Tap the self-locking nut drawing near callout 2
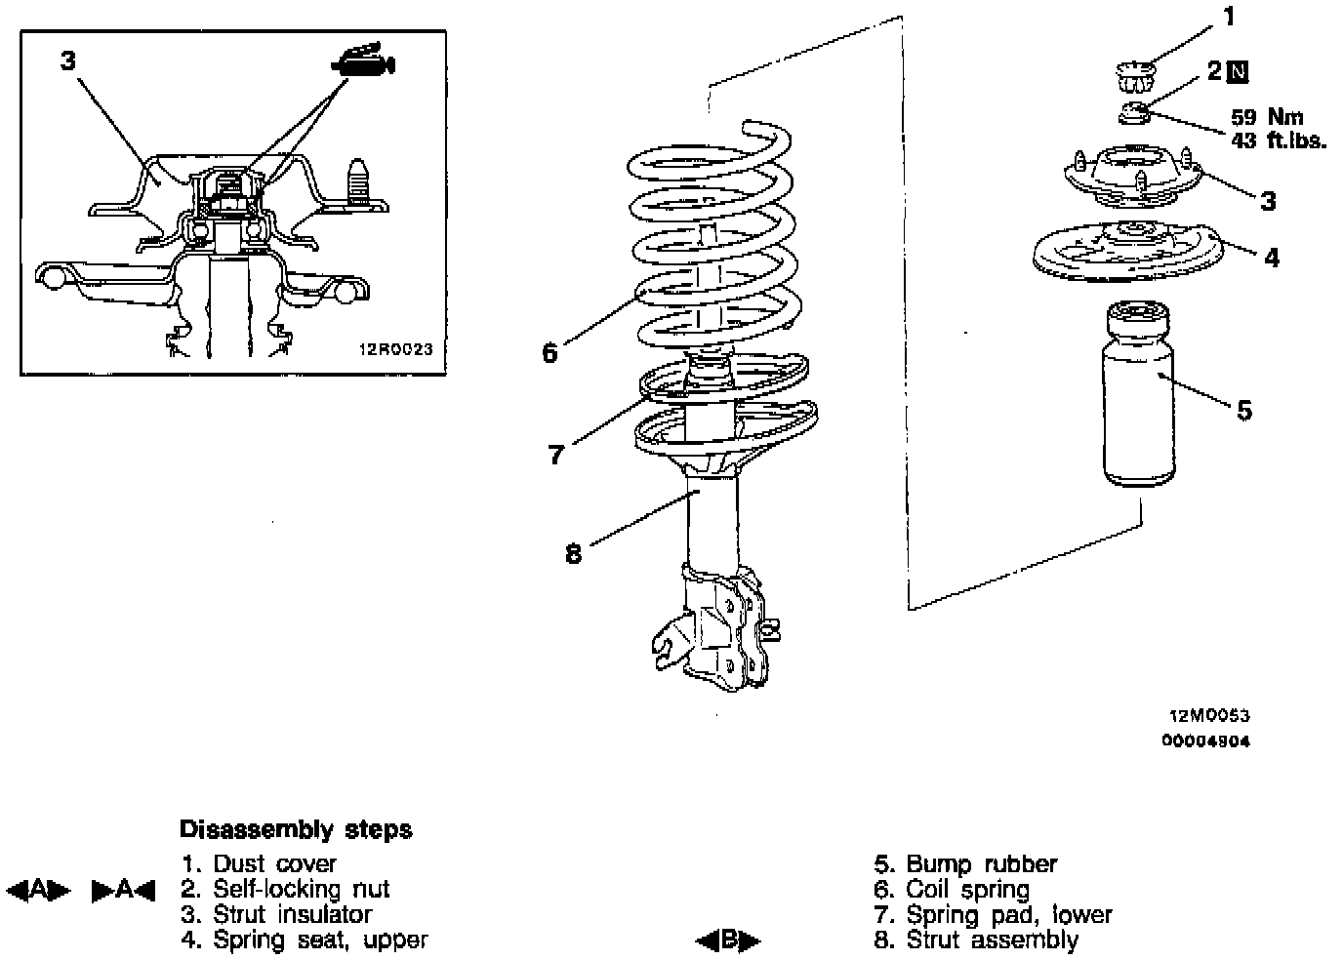1134,113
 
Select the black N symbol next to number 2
1239,71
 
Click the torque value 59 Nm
1267,118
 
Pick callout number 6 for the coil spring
549,352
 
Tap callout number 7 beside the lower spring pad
556,454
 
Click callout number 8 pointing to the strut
573,554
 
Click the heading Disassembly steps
296,830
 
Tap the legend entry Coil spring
967,890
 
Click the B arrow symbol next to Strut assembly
728,941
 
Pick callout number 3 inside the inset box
67,60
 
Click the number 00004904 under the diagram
1205,740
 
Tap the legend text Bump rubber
982,864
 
